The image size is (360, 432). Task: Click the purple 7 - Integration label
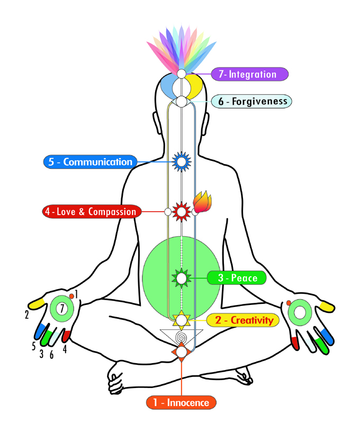[250, 74]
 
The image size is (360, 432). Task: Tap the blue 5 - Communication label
[90, 162]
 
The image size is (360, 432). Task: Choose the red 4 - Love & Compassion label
[91, 212]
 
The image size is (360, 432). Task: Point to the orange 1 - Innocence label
[181, 402]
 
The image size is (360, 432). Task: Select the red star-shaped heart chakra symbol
[182, 212]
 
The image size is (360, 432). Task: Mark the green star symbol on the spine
[182, 278]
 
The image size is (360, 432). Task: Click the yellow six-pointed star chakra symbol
[182, 319]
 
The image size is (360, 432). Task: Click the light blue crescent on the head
[169, 85]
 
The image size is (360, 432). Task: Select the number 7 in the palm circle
[62, 308]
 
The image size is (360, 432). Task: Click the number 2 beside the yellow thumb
[26, 315]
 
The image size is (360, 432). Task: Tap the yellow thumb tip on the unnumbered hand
[326, 306]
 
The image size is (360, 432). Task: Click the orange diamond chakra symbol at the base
[182, 352]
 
